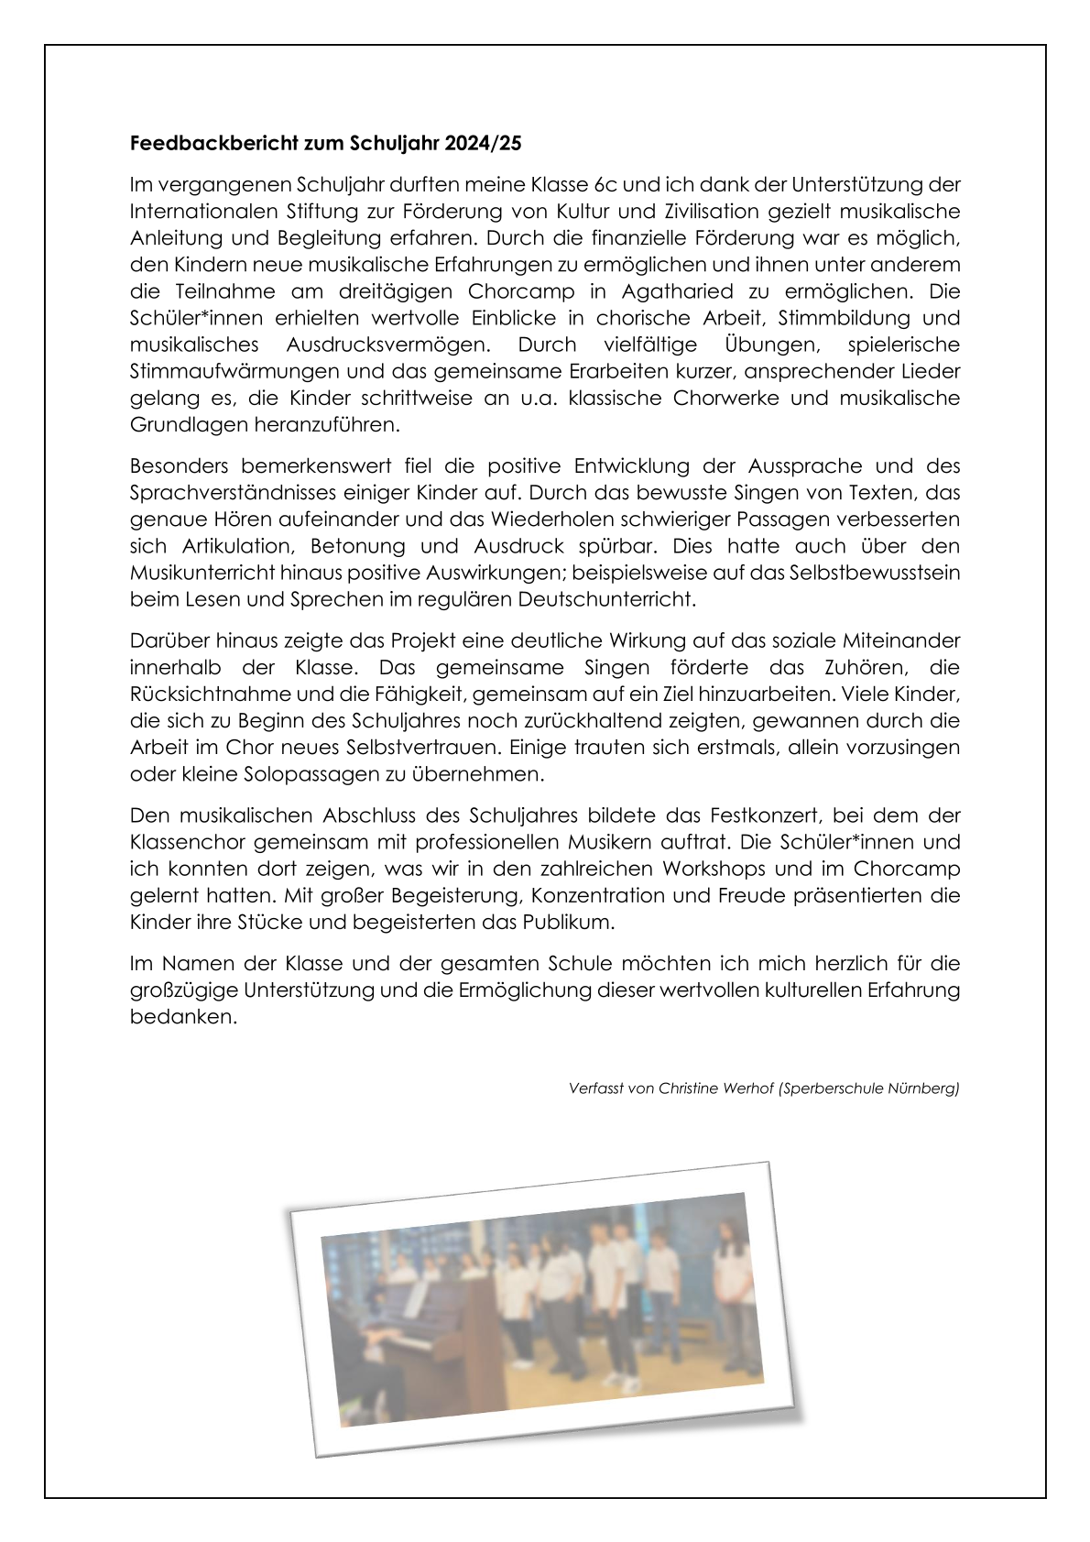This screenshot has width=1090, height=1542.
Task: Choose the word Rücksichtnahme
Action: pyautogui.click(x=207, y=694)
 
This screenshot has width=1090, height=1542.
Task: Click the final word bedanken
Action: pyautogui.click(x=183, y=1017)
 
